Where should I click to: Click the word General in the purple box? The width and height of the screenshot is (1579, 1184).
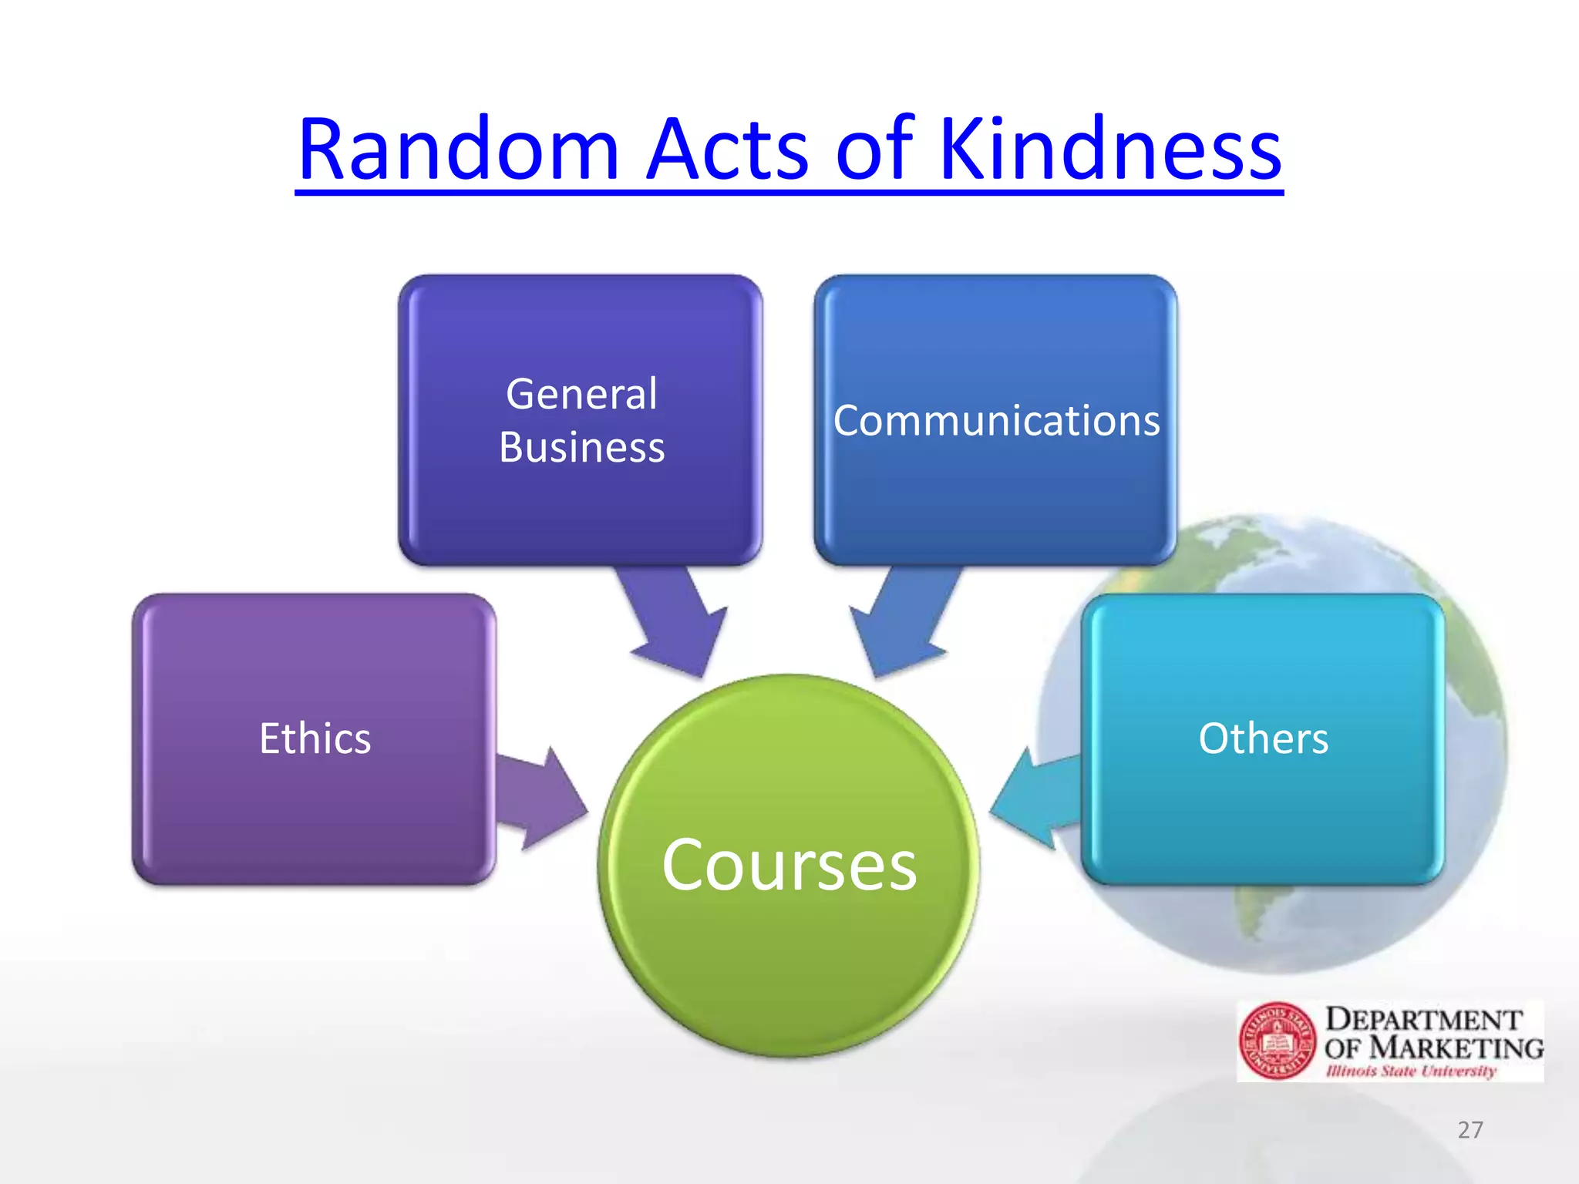point(581,395)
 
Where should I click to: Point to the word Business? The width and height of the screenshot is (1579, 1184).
point(581,448)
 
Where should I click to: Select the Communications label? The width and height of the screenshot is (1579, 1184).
point(996,421)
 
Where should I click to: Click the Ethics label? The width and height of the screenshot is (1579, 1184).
point(315,738)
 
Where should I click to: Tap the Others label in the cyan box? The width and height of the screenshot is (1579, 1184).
point(1263,738)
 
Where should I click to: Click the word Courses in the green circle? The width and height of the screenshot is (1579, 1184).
point(789,865)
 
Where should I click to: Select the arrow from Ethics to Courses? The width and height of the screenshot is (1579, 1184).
point(540,799)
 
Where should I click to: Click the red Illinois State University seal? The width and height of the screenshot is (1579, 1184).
point(1277,1041)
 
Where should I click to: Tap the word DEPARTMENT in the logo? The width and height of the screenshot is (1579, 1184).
point(1423,1020)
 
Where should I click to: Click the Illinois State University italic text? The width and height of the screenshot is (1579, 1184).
point(1411,1071)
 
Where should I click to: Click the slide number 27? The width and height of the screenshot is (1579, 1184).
point(1470,1130)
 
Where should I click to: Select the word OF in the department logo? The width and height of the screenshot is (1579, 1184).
point(1342,1049)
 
